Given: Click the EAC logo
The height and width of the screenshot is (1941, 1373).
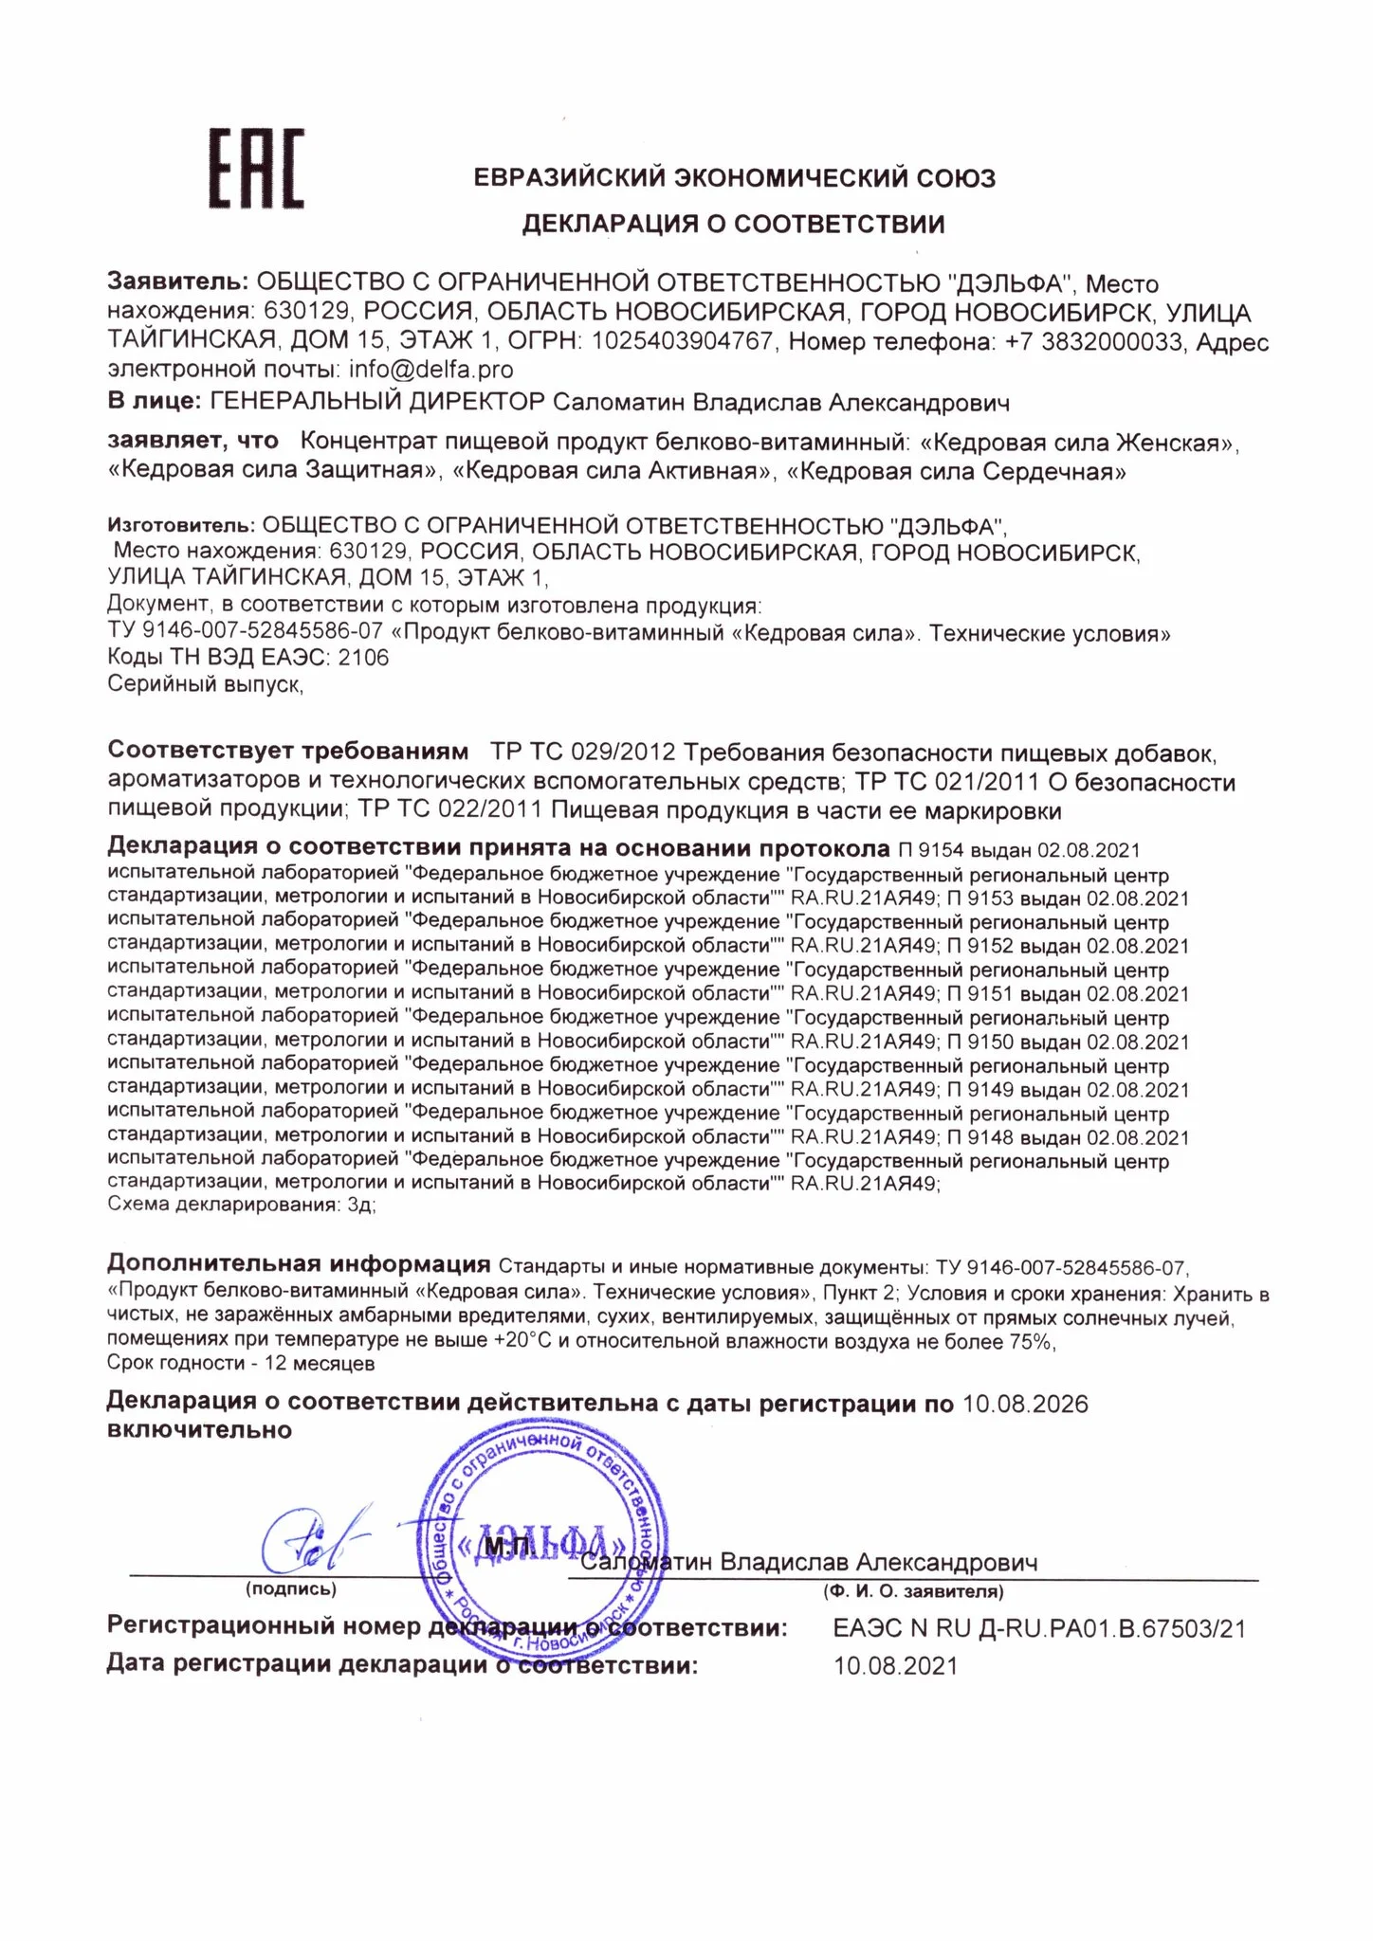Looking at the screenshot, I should [256, 169].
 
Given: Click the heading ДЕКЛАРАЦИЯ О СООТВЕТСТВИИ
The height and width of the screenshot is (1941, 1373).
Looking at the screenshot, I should [734, 225].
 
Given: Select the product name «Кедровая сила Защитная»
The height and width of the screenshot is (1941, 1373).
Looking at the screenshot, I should [275, 471].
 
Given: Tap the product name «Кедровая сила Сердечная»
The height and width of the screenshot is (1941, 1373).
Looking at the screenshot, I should [957, 471].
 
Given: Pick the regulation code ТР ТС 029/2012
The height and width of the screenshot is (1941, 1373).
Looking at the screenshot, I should [582, 753].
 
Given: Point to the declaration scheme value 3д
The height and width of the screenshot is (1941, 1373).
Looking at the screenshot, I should [361, 1206].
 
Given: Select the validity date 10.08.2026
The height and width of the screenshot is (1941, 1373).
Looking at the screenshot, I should [1025, 1404].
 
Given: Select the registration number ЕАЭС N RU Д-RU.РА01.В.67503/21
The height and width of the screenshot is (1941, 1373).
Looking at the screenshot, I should [1039, 1628].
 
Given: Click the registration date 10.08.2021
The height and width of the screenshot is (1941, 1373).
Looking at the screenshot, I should [895, 1665].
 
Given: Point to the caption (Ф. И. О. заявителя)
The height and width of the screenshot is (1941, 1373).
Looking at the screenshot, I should [913, 1591].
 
